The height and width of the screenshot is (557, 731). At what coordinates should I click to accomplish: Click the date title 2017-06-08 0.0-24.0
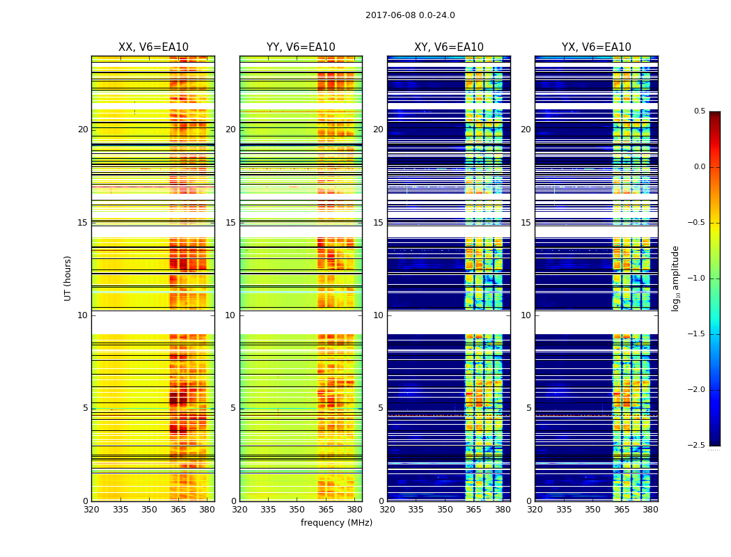pos(410,15)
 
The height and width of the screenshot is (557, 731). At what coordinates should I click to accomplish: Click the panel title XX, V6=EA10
pos(153,47)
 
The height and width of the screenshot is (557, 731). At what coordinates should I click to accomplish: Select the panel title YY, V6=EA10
pos(301,47)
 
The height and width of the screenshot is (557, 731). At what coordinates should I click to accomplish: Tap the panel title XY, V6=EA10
pos(449,47)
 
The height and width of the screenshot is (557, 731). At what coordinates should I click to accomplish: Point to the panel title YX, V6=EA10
pos(597,47)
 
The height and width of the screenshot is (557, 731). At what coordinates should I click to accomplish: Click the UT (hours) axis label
pos(68,278)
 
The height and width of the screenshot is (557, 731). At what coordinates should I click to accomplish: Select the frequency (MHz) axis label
pos(336,523)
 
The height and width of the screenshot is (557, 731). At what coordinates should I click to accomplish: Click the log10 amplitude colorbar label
pos(675,278)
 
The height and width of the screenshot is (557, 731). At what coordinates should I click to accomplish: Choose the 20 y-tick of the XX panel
pos(83,130)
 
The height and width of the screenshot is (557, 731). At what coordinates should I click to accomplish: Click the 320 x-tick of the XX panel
pos(91,510)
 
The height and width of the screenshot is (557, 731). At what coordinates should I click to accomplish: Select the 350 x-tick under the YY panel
pos(297,510)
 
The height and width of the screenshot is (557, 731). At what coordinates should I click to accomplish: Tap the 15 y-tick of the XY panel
pos(379,223)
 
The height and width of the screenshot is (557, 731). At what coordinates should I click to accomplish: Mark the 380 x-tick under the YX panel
pos(650,510)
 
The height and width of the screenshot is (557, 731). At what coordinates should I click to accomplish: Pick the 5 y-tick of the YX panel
pos(529,408)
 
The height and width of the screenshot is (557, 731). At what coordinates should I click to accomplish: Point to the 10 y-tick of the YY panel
pos(231,315)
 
